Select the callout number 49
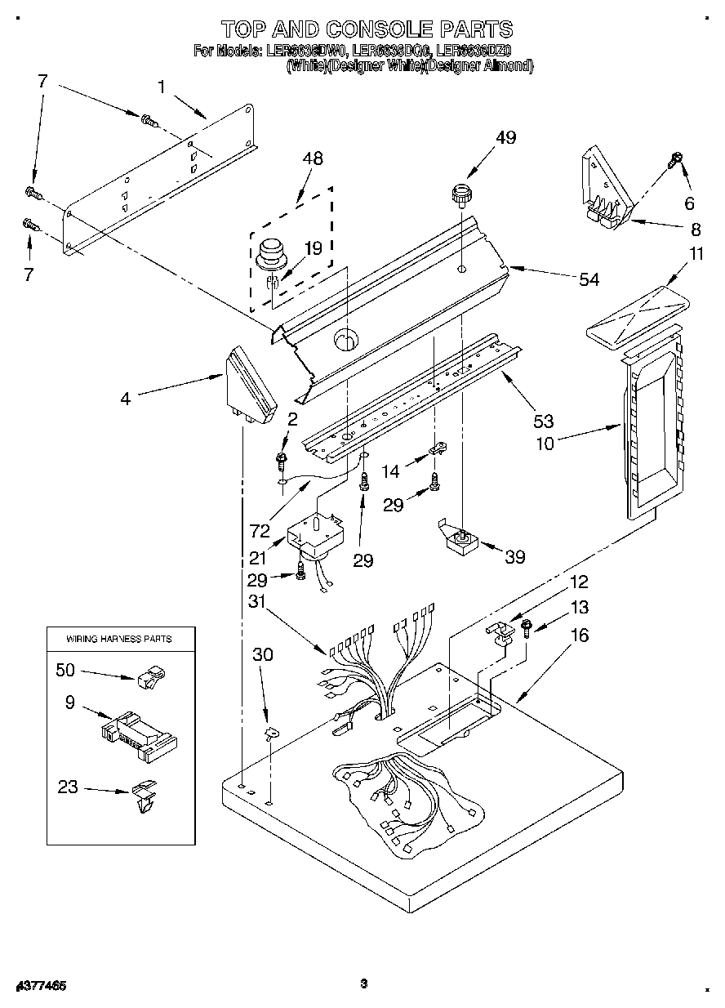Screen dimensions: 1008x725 coord(505,137)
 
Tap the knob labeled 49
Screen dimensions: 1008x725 coord(463,196)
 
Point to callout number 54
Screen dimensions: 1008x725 coord(588,280)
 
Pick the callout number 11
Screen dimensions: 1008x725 coord(695,254)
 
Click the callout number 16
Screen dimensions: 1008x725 coord(579,635)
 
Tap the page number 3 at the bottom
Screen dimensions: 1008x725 coord(363,984)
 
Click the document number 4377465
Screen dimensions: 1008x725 coord(40,985)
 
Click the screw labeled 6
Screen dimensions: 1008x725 coord(674,158)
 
